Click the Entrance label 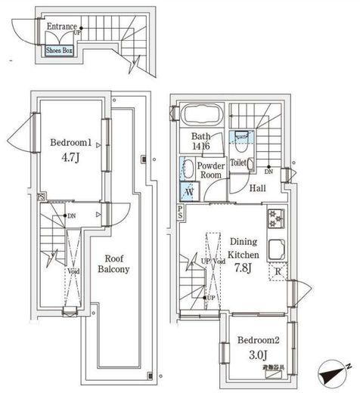coord(62,26)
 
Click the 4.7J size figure coord(72,159)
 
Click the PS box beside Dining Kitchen coord(180,212)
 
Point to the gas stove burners coord(274,220)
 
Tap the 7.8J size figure coord(244,268)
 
